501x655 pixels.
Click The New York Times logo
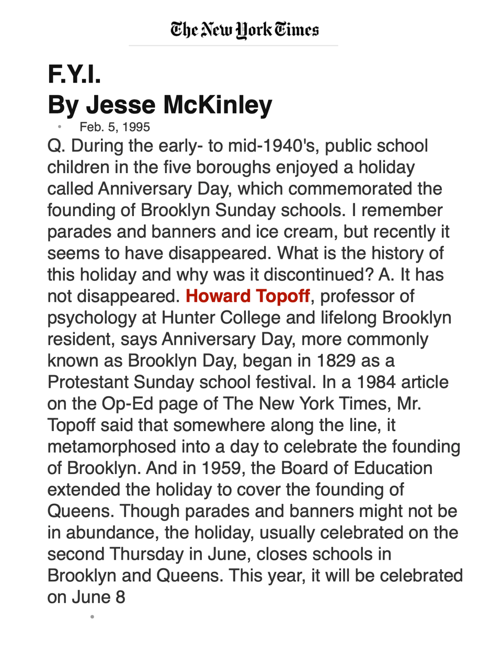coord(244,30)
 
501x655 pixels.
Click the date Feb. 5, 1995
coord(115,127)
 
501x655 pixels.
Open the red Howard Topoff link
coord(248,296)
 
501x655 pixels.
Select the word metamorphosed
coord(111,447)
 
